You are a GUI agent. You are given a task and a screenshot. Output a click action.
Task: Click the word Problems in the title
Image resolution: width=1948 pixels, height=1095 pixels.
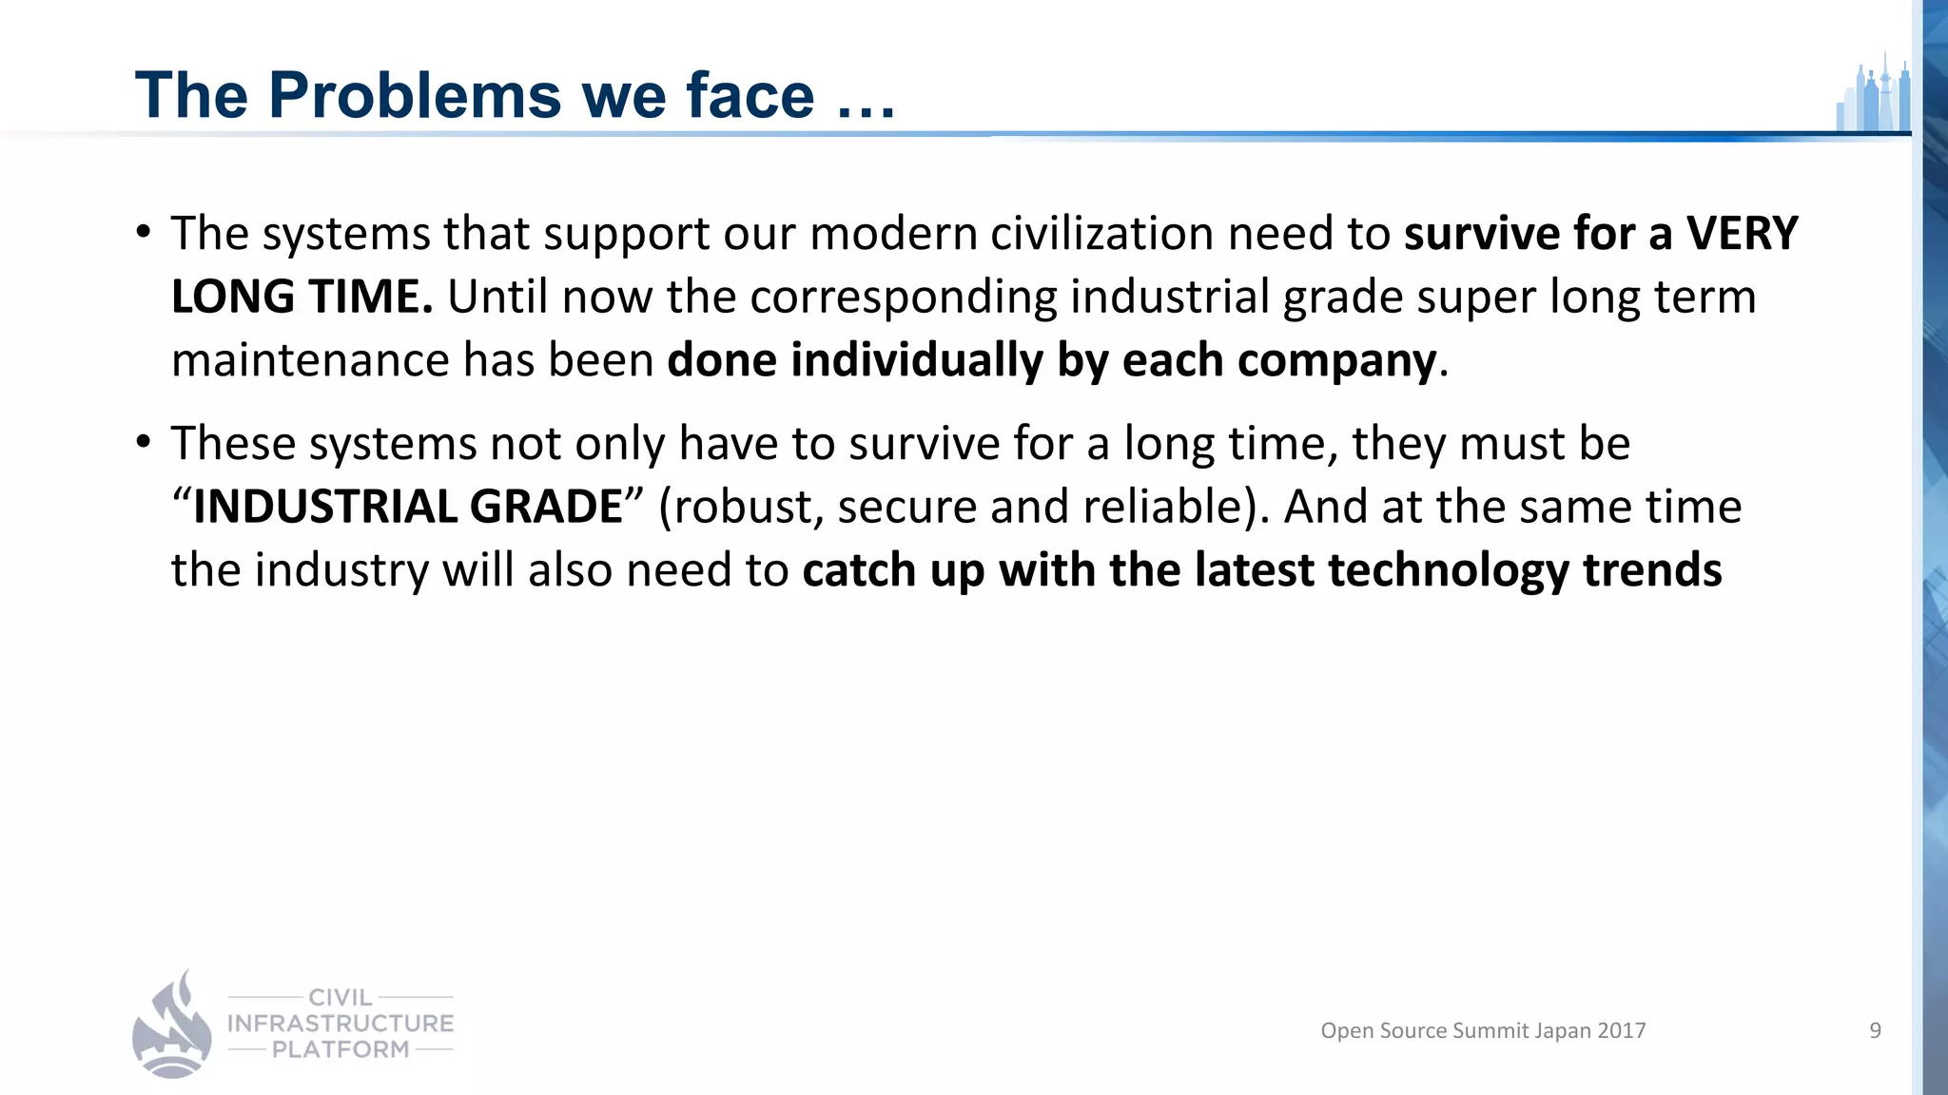click(415, 95)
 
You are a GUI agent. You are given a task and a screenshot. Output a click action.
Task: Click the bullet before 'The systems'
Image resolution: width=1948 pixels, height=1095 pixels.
click(144, 232)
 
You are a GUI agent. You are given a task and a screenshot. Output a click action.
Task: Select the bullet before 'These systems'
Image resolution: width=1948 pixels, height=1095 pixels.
click(144, 442)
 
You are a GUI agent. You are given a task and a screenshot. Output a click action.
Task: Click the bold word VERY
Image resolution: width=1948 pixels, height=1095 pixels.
click(1742, 234)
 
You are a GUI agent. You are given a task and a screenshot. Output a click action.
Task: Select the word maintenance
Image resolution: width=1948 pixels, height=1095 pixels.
click(310, 360)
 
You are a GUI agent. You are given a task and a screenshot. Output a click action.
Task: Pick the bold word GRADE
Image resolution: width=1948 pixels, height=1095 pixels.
click(546, 507)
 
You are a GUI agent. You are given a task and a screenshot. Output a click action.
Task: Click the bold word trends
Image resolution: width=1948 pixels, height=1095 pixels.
click(1651, 570)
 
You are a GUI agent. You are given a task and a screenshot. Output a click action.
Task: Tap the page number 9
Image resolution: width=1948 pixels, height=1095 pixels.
click(1875, 1030)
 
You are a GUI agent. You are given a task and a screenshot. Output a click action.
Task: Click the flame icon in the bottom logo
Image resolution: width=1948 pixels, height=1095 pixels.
click(172, 1025)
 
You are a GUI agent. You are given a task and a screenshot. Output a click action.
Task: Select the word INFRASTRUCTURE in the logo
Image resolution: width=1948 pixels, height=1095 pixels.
click(341, 1024)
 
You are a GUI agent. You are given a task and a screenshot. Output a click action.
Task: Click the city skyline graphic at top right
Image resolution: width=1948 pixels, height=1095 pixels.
click(1873, 96)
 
